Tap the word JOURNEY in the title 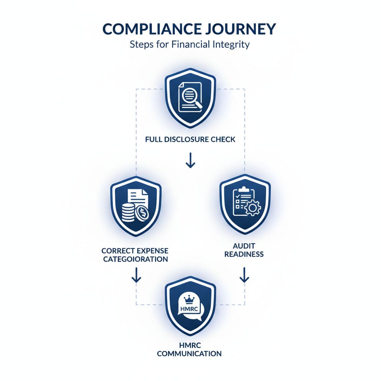coord(240,29)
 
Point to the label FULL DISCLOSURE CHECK coord(190,140)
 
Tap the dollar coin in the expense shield coord(142,214)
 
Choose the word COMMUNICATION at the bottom coord(189,353)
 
